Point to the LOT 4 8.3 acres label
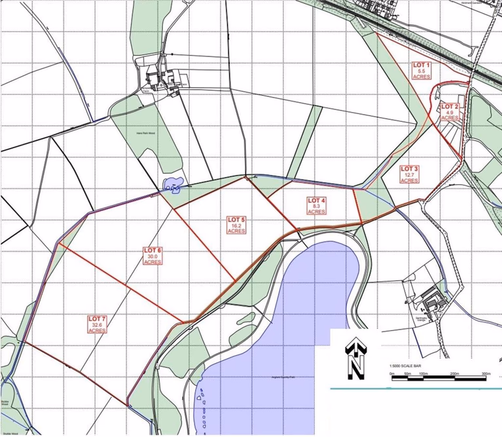[316, 206]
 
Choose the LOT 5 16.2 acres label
[237, 225]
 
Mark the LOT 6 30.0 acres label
[152, 256]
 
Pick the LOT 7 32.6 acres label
[97, 324]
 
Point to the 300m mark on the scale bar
[486, 373]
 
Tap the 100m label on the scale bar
[423, 373]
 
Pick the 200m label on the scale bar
[455, 373]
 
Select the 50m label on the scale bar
[407, 373]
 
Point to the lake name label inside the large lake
[278, 378]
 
